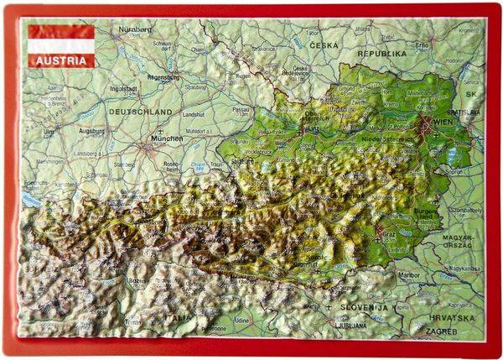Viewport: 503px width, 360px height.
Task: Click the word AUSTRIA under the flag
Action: (60, 60)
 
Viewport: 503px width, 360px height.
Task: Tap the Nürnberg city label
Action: (136, 29)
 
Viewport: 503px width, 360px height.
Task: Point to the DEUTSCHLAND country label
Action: (140, 111)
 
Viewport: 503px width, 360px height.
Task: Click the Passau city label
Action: (243, 109)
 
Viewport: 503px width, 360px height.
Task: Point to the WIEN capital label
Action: (442, 125)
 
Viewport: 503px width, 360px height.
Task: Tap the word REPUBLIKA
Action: (381, 53)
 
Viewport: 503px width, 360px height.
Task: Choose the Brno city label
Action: (422, 44)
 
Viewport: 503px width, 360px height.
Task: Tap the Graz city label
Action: (388, 232)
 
